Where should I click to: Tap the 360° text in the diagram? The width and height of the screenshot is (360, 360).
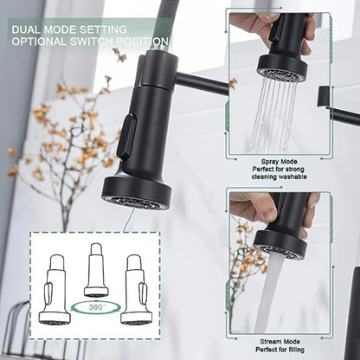point(95,306)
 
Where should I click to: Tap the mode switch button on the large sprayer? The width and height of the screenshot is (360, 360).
point(126,138)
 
